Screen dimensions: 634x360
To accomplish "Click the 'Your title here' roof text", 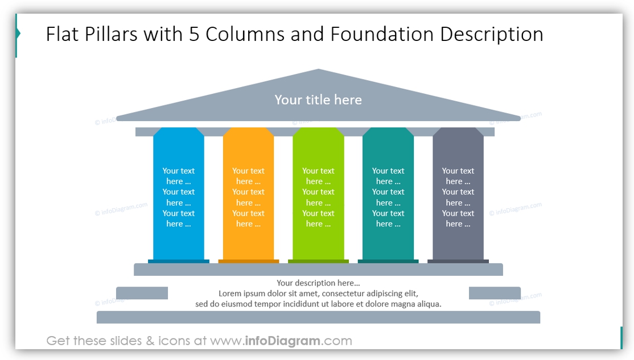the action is pyautogui.click(x=318, y=100).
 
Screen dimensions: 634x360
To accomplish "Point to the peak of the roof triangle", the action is pyautogui.click(x=319, y=71).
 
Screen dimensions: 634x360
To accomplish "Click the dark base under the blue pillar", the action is pyautogui.click(x=179, y=262).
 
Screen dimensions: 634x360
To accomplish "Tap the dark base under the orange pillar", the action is pyautogui.click(x=249, y=262).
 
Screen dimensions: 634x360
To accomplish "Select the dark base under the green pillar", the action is pyautogui.click(x=318, y=262).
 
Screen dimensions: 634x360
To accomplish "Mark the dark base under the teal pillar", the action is pyautogui.click(x=388, y=262).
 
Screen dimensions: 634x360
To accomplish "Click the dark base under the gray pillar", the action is pyautogui.click(x=458, y=262).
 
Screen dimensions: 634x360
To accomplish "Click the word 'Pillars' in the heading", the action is pyautogui.click(x=111, y=34).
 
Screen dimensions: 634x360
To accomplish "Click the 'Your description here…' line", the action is pyautogui.click(x=318, y=283).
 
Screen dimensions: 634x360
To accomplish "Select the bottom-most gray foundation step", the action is pyautogui.click(x=318, y=317).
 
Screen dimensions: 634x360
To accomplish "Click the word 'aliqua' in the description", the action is pyautogui.click(x=426, y=304).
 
